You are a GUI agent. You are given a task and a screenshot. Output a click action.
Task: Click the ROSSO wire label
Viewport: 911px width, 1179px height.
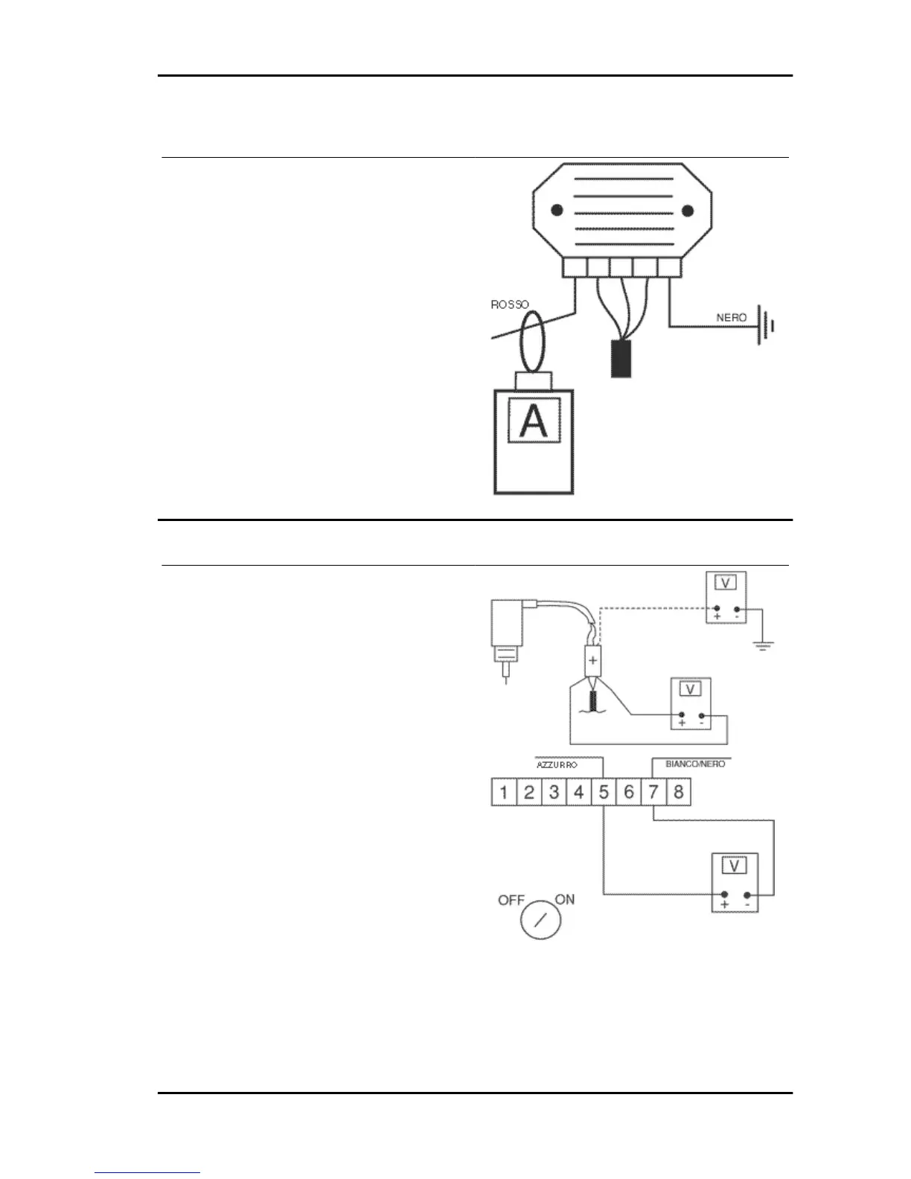click(x=510, y=304)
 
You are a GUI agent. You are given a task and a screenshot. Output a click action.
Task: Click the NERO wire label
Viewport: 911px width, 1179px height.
click(x=731, y=317)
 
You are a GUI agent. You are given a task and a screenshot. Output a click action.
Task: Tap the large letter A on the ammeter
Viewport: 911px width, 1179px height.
click(x=533, y=421)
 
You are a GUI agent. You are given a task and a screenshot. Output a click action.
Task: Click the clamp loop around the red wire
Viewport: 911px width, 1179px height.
click(x=532, y=342)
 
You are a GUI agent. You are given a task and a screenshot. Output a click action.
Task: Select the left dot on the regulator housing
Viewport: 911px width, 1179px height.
click(x=554, y=211)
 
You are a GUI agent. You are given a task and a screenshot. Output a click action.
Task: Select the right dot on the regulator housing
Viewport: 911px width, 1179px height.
click(x=688, y=211)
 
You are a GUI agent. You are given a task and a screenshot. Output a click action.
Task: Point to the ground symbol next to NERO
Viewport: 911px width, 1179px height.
click(x=765, y=325)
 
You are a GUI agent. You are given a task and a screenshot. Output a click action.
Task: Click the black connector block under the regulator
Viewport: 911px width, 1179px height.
click(x=621, y=359)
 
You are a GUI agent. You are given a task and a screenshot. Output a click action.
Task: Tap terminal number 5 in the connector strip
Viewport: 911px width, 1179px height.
click(x=604, y=792)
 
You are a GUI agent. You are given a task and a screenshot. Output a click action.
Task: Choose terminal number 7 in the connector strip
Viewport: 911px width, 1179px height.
click(x=653, y=792)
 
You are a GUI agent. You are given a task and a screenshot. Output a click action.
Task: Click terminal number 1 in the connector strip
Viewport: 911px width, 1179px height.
click(x=504, y=792)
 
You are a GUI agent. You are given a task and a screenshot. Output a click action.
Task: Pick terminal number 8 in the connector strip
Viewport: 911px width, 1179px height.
click(x=678, y=792)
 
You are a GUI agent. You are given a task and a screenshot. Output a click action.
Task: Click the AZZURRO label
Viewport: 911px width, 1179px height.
click(x=557, y=764)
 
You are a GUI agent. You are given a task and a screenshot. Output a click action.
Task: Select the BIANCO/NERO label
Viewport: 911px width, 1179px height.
click(x=694, y=764)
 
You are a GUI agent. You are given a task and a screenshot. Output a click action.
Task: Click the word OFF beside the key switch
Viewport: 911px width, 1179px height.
click(x=511, y=900)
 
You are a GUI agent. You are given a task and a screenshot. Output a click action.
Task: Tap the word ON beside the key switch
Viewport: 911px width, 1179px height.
click(x=565, y=899)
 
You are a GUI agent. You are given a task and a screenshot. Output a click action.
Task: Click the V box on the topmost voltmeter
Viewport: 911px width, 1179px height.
click(x=725, y=583)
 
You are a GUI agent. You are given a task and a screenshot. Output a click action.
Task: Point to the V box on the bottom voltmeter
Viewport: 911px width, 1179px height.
click(x=735, y=866)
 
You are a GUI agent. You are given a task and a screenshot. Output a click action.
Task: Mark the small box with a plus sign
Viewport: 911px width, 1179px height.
click(x=593, y=659)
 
